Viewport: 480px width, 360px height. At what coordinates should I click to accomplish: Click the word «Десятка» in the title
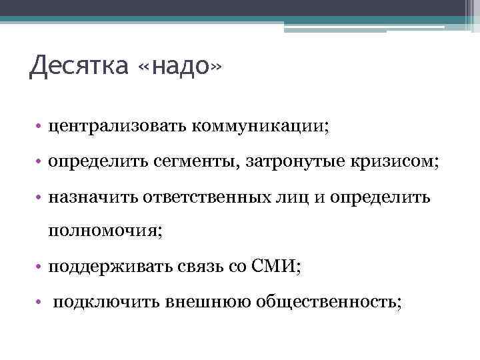click(78, 68)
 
